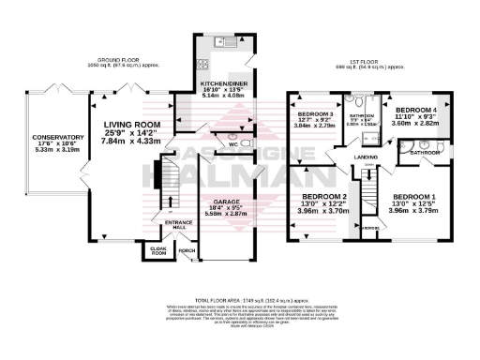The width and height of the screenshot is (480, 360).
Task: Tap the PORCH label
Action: tap(187, 252)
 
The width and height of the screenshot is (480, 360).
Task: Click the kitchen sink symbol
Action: tap(224, 42)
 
